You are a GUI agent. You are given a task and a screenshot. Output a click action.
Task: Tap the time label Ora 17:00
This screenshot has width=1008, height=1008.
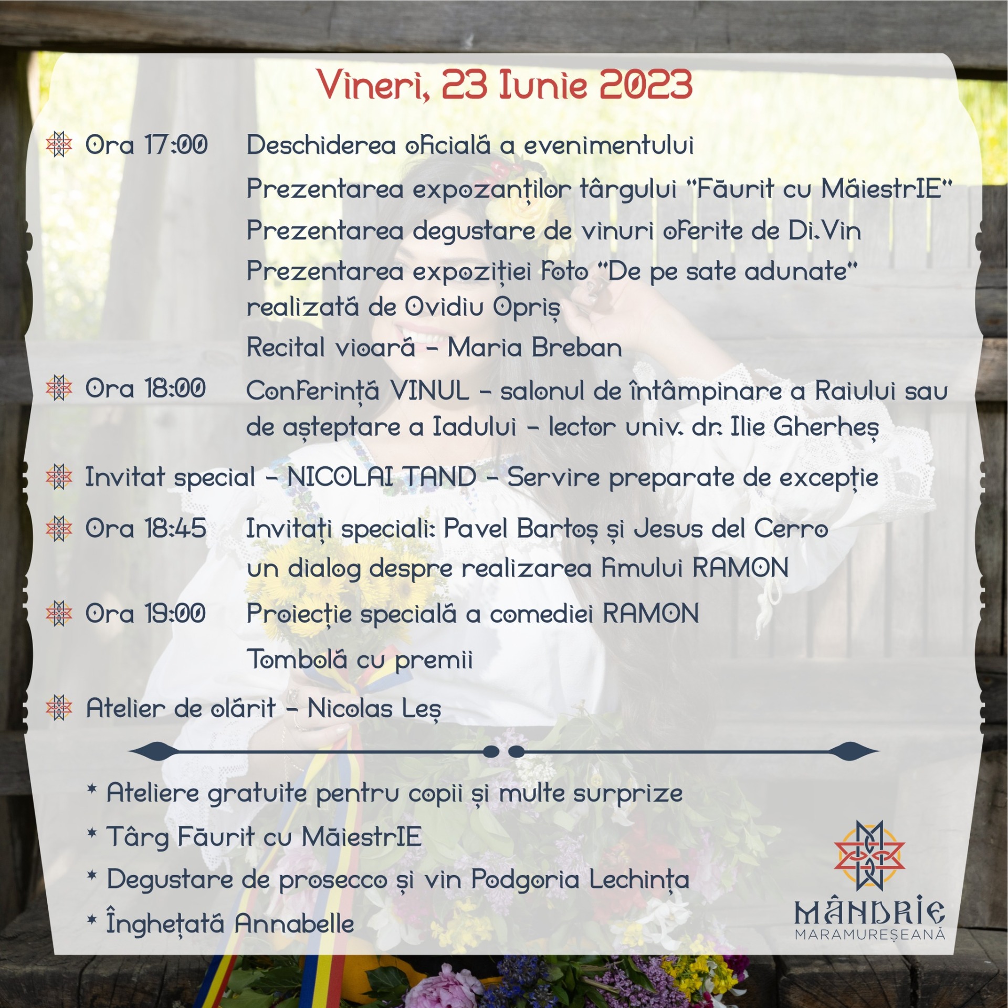click(x=146, y=145)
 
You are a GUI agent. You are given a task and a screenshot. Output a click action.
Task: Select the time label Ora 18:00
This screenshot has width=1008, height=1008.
click(x=145, y=389)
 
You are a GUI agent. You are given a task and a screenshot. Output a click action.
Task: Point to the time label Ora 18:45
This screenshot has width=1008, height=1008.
click(x=145, y=528)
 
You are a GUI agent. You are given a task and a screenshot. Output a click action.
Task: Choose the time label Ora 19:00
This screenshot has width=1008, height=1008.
click(x=145, y=613)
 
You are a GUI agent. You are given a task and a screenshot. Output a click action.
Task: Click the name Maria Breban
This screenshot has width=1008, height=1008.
click(x=535, y=348)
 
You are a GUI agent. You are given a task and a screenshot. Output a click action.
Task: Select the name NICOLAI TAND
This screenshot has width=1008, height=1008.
click(x=382, y=477)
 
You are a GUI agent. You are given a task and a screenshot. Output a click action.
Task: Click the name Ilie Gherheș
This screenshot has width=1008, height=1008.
click(x=805, y=428)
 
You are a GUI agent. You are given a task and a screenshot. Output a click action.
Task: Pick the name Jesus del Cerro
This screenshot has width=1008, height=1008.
click(x=731, y=529)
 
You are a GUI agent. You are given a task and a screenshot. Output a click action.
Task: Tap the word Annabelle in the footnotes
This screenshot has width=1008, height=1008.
click(x=295, y=938)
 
